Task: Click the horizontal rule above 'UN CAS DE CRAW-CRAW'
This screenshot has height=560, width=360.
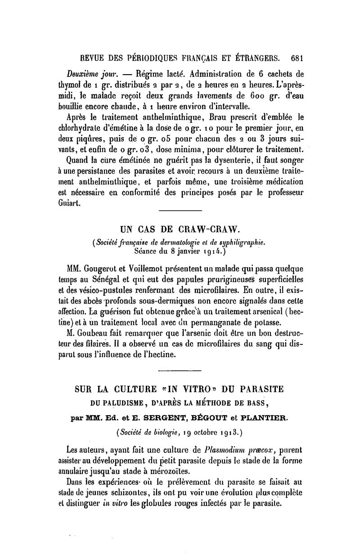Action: [180, 211]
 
